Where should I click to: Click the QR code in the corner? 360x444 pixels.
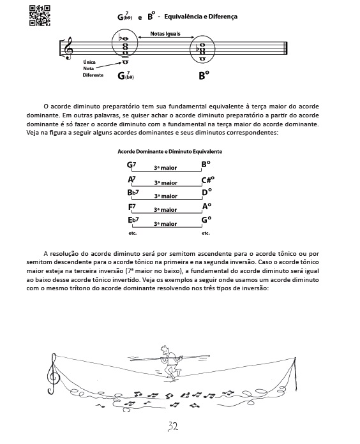[x=40, y=15]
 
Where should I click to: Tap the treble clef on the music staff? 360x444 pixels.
[x=68, y=48]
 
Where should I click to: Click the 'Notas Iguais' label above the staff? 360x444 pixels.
[x=165, y=34]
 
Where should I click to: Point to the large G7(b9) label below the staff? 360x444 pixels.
[x=126, y=75]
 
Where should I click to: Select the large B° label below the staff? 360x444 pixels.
[x=204, y=75]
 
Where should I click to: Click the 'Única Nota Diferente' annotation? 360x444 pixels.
[x=93, y=68]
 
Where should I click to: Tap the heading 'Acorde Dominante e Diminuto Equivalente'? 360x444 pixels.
[x=170, y=151]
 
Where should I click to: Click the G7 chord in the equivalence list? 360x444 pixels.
[x=131, y=165]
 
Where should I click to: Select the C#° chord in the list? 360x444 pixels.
[x=208, y=180]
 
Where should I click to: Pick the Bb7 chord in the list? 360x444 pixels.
[x=133, y=193]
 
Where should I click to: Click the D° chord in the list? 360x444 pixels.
[x=206, y=192]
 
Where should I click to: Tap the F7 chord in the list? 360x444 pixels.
[x=131, y=207]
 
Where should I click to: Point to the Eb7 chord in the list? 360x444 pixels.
[x=133, y=220]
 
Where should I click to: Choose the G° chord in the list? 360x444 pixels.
[x=206, y=219]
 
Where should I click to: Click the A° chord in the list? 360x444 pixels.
[x=206, y=207]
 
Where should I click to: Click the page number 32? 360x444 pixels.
[x=173, y=426]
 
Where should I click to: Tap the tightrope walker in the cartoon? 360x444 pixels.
[x=170, y=361]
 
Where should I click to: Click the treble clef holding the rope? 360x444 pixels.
[x=53, y=374]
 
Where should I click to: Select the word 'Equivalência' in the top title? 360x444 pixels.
[x=186, y=17]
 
